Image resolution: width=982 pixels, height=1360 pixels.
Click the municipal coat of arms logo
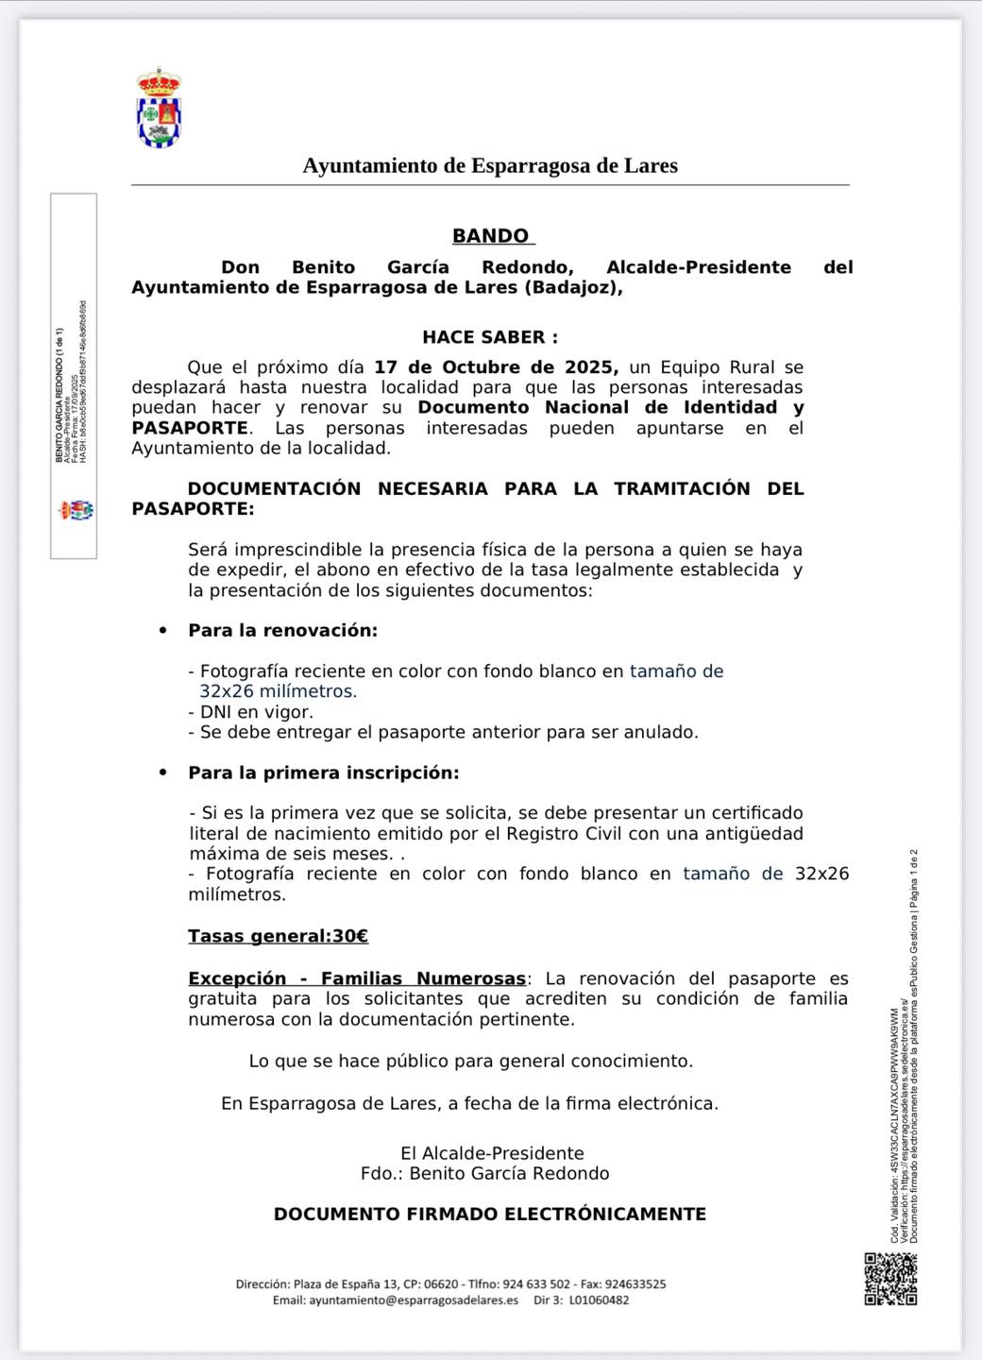[x=159, y=108]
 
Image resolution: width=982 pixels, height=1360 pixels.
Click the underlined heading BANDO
[x=491, y=236]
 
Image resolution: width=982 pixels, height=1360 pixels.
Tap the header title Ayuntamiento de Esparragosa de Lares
[x=490, y=166]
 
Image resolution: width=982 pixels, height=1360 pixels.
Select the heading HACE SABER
[x=489, y=337]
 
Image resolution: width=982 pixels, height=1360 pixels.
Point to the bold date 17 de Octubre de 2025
[x=496, y=366]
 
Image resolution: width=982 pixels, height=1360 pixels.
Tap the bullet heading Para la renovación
[x=282, y=630]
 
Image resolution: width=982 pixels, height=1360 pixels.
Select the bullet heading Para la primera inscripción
[x=323, y=773]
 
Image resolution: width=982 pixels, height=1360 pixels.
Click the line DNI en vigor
[x=251, y=712]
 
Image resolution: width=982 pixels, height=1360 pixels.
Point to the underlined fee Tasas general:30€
[x=278, y=936]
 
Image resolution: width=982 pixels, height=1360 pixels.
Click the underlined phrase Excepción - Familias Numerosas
[x=357, y=978]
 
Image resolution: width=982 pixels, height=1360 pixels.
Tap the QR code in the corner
[x=890, y=1279]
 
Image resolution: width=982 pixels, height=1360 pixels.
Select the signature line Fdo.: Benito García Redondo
[x=484, y=1174]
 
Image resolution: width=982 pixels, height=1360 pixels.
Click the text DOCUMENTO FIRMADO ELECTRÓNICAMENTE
[x=490, y=1215]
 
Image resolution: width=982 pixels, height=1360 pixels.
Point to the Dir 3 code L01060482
[x=599, y=1300]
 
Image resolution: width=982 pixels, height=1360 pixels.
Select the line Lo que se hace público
[x=471, y=1061]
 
